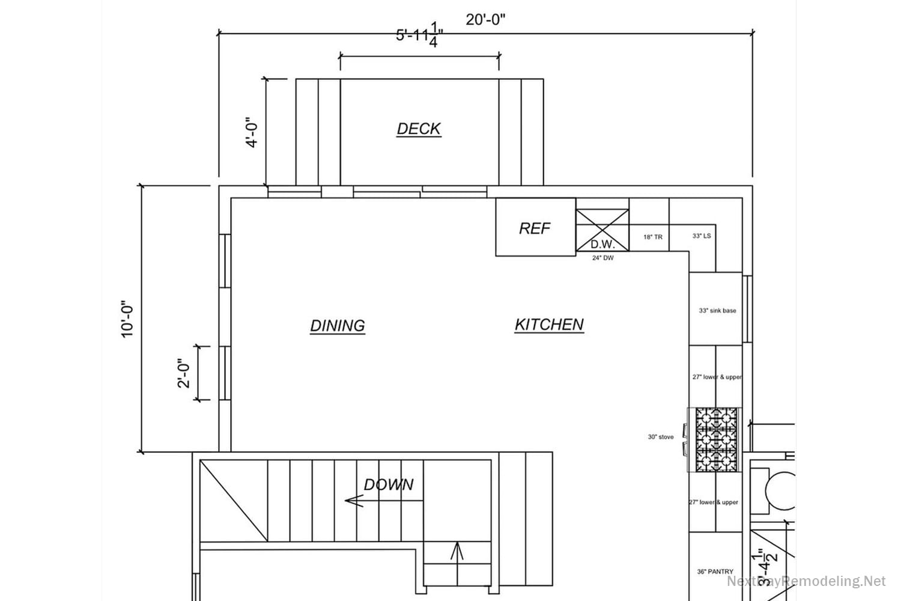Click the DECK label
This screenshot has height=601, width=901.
(419, 129)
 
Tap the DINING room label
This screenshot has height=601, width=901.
(338, 325)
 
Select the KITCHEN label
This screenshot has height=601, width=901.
(549, 325)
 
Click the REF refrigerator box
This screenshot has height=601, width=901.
(535, 228)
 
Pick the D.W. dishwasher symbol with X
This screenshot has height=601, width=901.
(602, 230)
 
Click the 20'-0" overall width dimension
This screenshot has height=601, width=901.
(485, 19)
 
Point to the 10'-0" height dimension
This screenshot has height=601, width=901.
(127, 319)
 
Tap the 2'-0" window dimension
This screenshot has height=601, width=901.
(184, 373)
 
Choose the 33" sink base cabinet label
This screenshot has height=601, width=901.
(717, 311)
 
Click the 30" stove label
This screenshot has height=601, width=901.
(660, 437)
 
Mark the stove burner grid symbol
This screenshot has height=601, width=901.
(717, 440)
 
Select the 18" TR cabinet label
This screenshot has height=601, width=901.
(652, 237)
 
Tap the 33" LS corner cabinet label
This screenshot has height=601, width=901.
(702, 236)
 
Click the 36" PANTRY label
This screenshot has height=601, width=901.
(715, 572)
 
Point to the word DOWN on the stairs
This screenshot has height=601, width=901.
(389, 484)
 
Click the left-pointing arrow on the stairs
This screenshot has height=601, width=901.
(356, 500)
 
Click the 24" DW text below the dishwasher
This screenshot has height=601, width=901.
(602, 258)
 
